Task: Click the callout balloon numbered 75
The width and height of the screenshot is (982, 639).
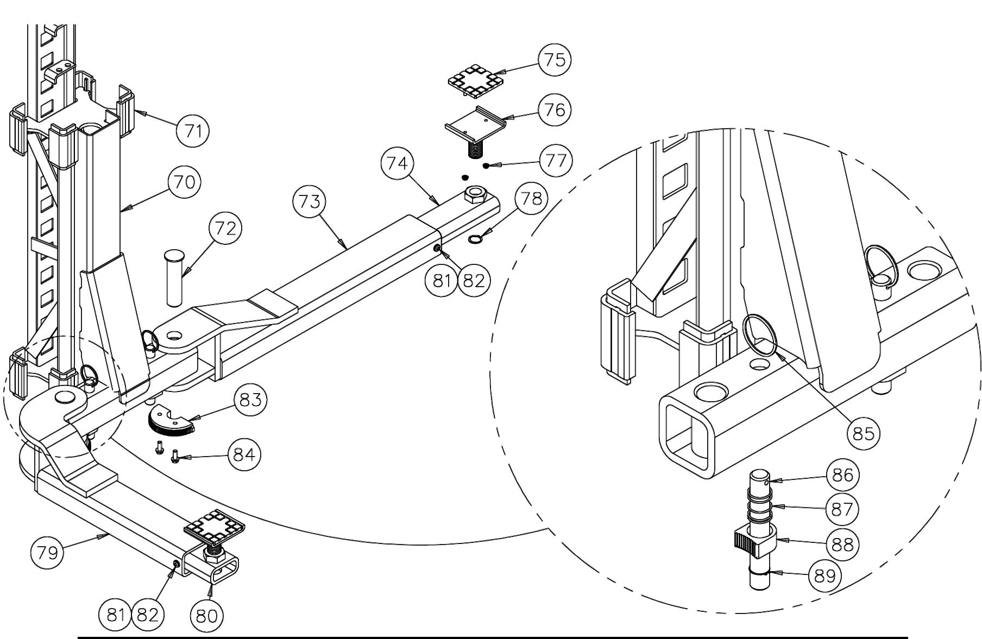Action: click(555, 60)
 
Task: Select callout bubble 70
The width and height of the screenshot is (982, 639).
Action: click(184, 181)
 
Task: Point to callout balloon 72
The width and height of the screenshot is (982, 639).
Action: click(225, 229)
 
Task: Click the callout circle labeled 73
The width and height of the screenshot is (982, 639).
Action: click(309, 202)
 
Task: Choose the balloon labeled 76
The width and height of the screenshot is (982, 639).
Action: click(555, 110)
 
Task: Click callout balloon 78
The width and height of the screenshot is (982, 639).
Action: click(531, 199)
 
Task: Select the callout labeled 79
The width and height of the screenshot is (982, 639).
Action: click(46, 553)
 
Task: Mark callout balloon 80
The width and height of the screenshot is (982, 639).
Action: click(207, 616)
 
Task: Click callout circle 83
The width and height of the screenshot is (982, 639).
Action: click(250, 400)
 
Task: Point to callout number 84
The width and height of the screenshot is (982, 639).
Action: click(244, 454)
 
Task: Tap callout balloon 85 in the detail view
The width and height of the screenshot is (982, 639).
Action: click(863, 433)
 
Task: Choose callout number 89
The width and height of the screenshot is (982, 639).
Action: click(825, 575)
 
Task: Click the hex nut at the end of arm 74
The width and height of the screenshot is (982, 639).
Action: click(476, 194)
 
